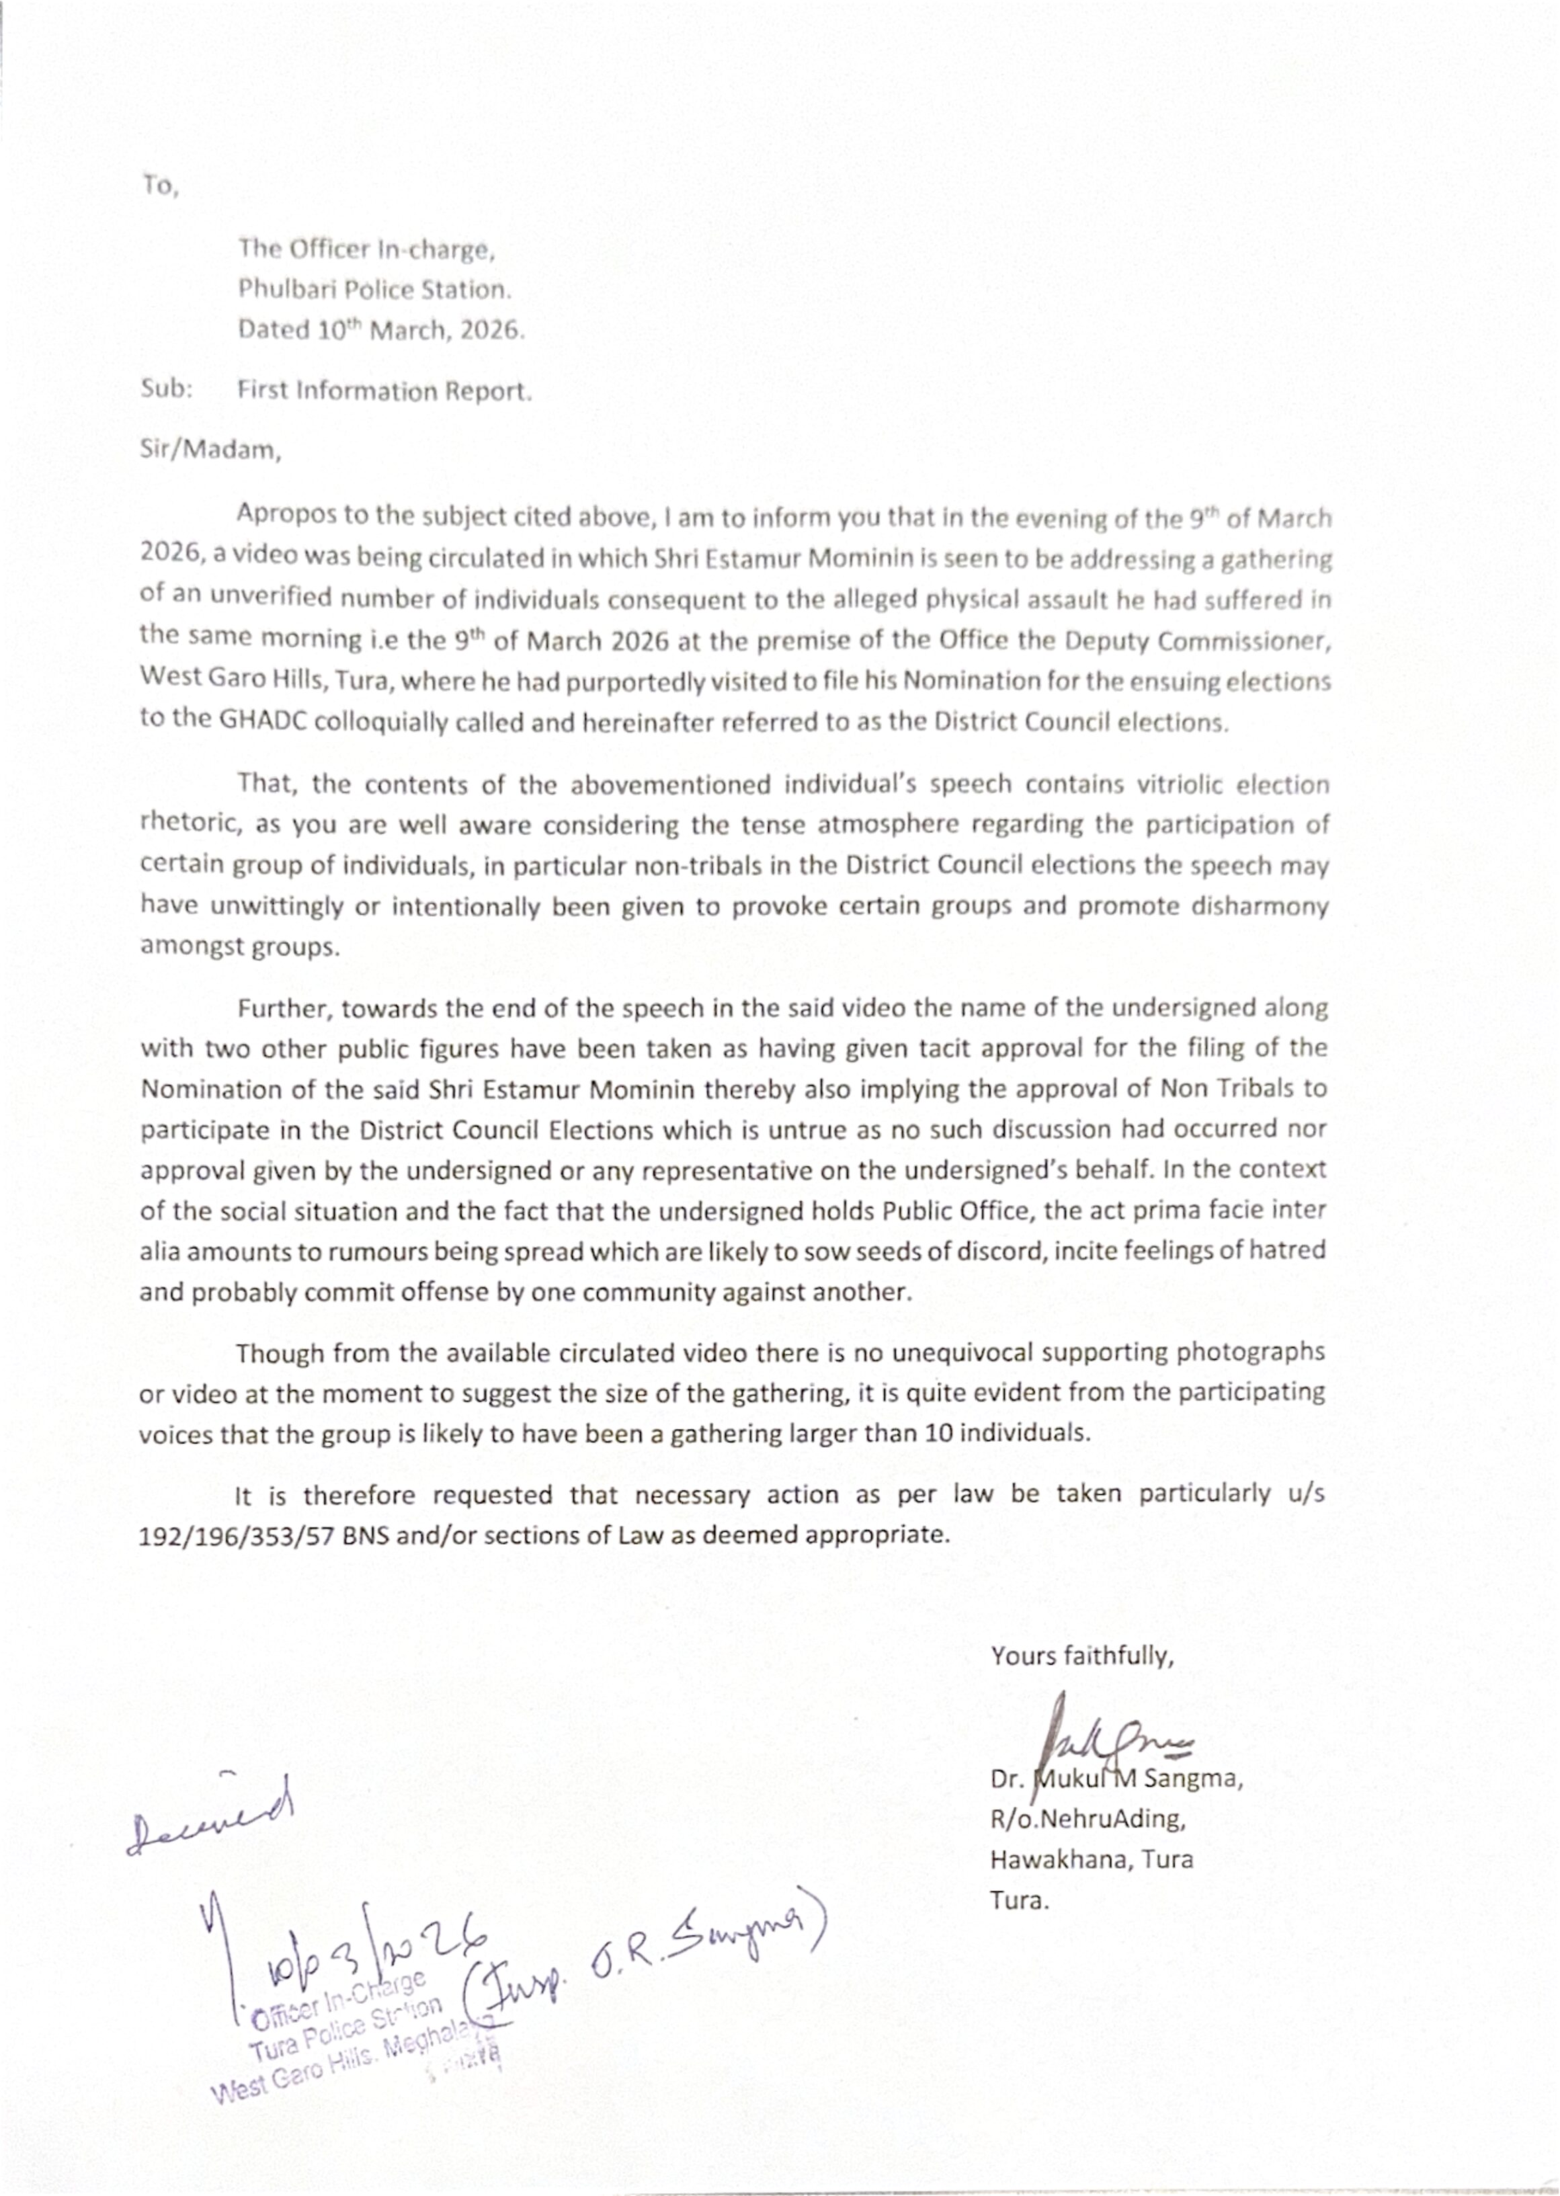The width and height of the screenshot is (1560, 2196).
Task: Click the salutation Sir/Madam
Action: point(210,450)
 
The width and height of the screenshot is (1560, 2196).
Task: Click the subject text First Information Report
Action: point(384,391)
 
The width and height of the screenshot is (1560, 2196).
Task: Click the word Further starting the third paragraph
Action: point(284,1009)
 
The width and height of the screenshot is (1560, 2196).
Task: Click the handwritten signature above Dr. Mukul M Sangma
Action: point(1114,1742)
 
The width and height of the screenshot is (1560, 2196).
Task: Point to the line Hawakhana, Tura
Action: point(1092,1860)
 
